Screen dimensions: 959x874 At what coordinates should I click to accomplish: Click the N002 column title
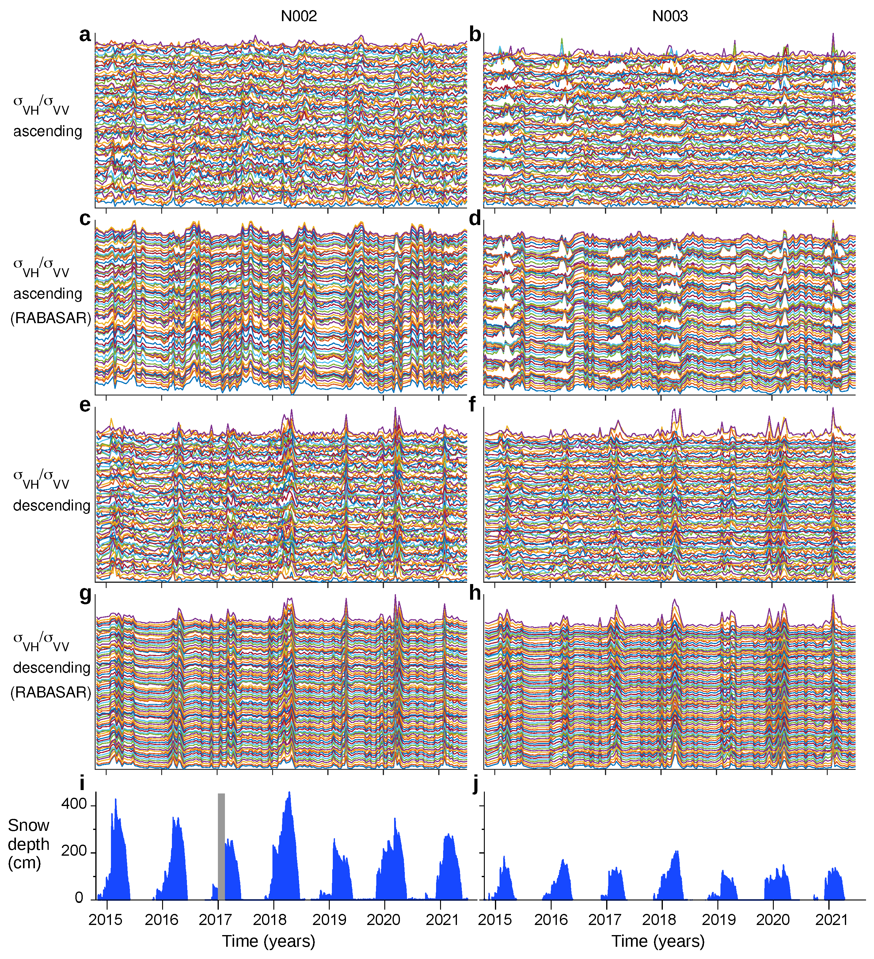pos(298,16)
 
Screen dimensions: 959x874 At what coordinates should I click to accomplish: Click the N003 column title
pos(670,16)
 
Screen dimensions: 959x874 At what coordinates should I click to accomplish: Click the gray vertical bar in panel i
pos(221,847)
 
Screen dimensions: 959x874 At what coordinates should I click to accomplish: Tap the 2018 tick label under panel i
pos(270,919)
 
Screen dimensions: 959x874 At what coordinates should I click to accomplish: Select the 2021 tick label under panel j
pos(832,919)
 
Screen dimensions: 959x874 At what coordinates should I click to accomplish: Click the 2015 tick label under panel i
pos(105,919)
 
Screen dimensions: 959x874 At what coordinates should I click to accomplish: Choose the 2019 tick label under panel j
pos(719,919)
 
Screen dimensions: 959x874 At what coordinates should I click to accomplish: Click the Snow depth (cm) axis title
pos(28,844)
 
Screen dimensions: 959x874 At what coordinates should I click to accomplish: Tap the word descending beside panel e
pos(51,505)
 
